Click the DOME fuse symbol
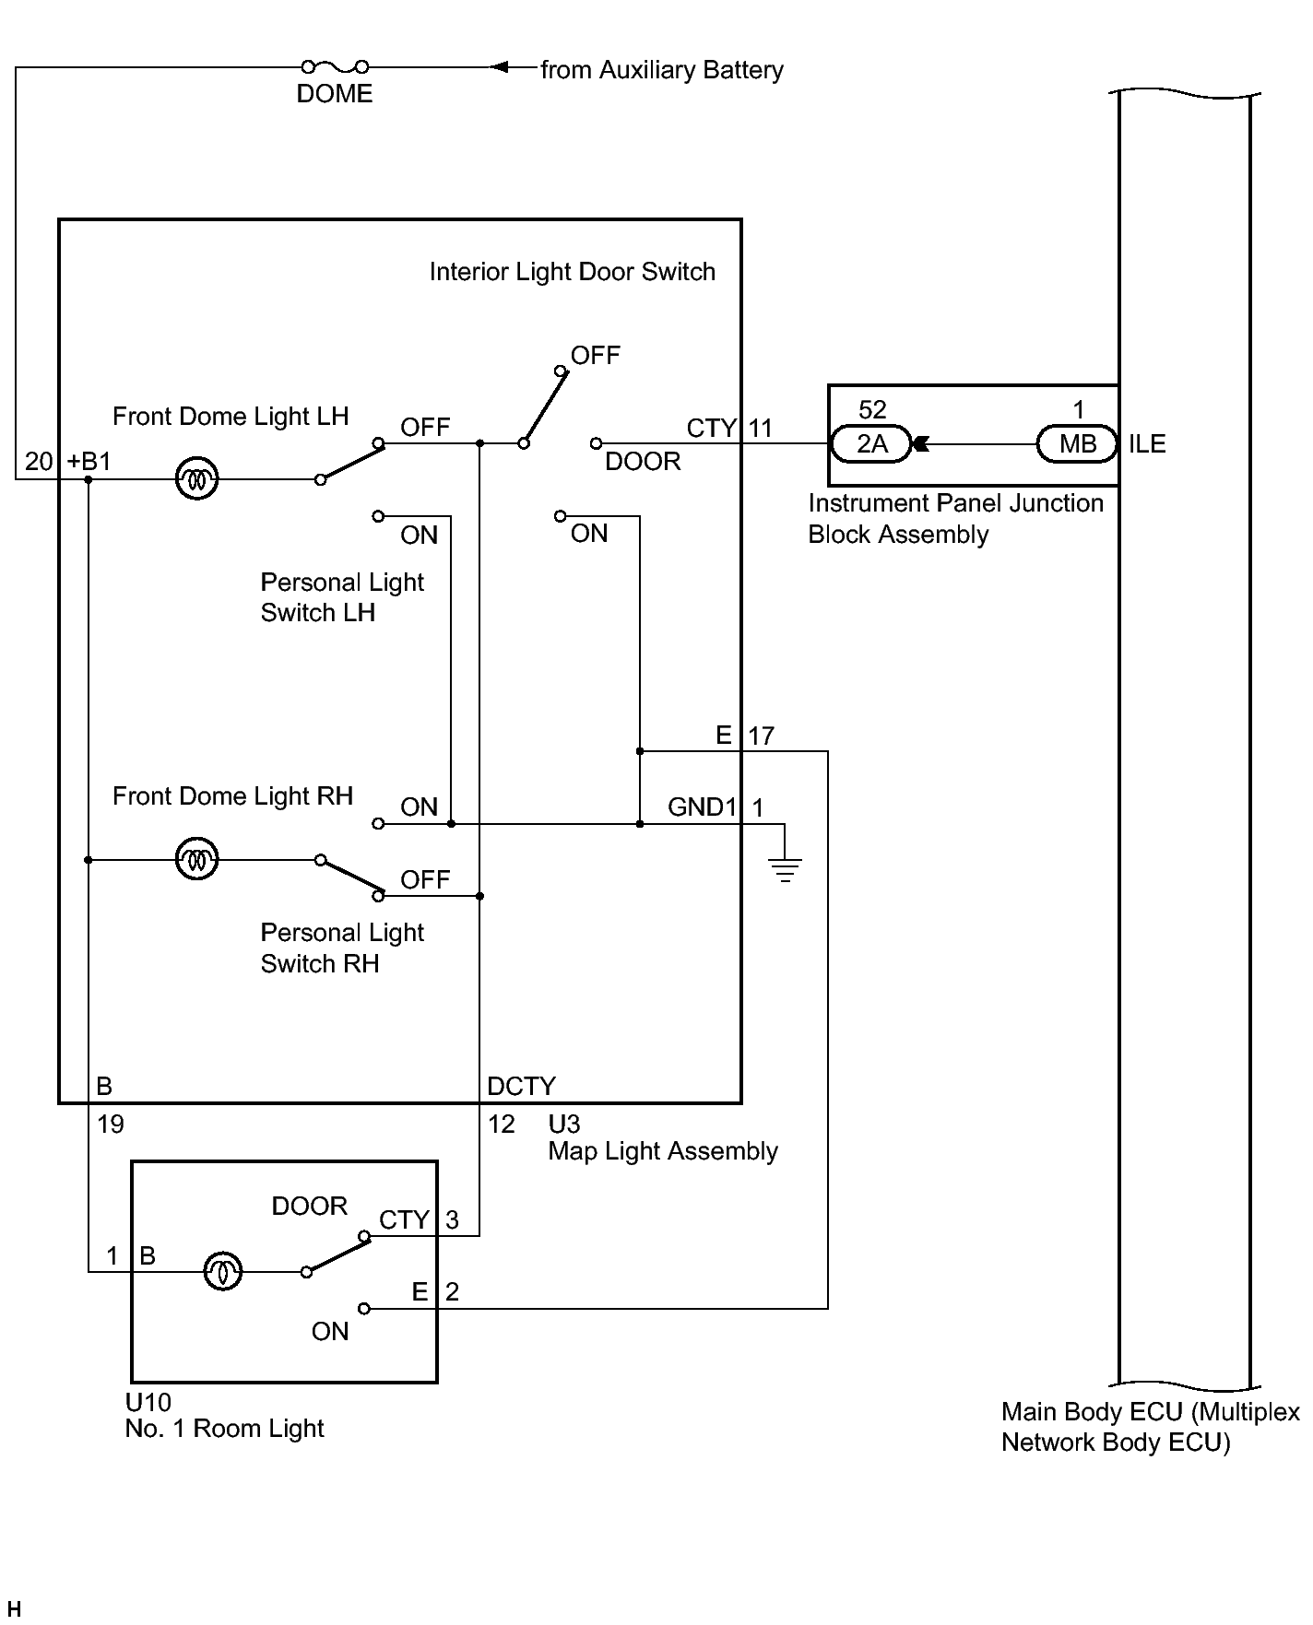pos(335,66)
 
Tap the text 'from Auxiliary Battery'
pos(661,70)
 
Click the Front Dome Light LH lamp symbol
pos(196,479)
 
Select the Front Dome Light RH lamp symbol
pos(196,860)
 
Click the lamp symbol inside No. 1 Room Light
pos(222,1272)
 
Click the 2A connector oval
pos(871,444)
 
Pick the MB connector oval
pos(1077,444)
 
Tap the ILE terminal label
pos(1147,444)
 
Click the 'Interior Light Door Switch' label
pos(572,272)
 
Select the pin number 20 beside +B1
pos(39,461)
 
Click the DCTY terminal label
pos(521,1087)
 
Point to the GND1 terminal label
pos(702,807)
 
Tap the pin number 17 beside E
pos(761,736)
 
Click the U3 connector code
pos(564,1125)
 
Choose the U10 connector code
pos(148,1403)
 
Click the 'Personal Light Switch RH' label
pos(341,948)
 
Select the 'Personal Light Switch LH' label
pos(341,597)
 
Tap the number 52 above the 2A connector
pos(872,410)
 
